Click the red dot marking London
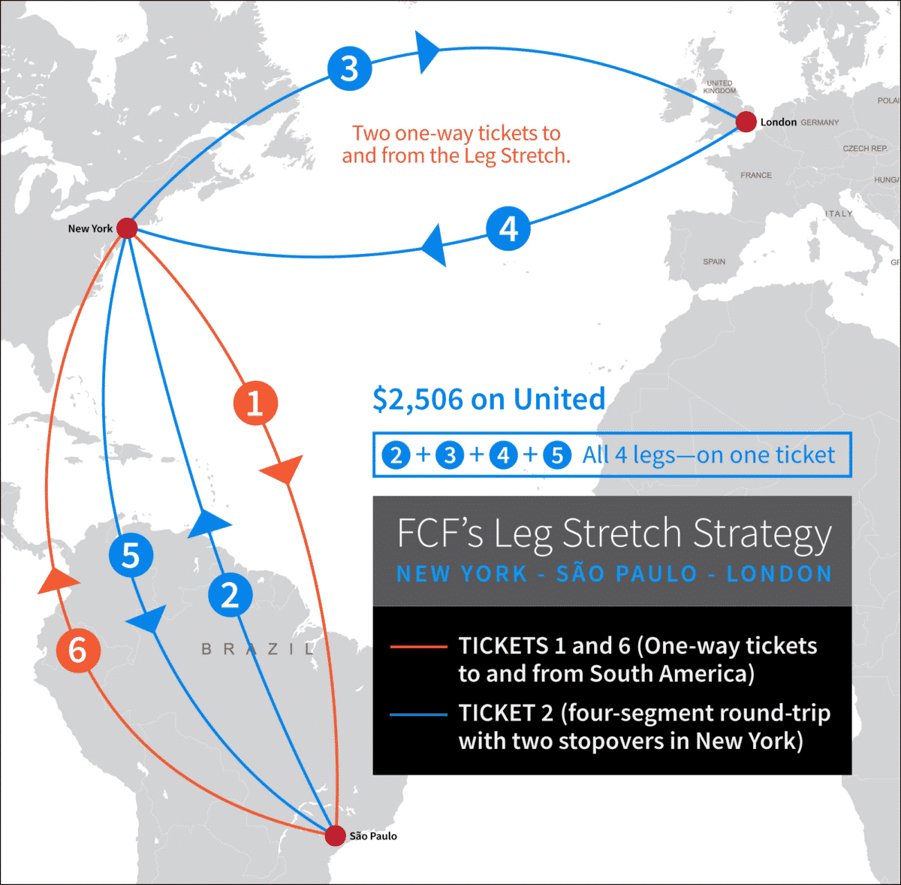[746, 122]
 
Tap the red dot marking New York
[127, 228]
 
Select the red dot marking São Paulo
[336, 835]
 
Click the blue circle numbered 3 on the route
[350, 68]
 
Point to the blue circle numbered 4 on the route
[508, 228]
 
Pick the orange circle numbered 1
[255, 403]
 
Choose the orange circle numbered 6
[78, 650]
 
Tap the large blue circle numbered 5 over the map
[131, 555]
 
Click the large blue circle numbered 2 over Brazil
[230, 594]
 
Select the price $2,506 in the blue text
[418, 400]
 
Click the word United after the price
[559, 400]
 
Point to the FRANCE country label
[756, 175]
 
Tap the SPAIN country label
[714, 261]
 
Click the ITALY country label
[839, 214]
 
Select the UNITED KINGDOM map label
[719, 87]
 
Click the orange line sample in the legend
[418, 647]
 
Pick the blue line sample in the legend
[418, 714]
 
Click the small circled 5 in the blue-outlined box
[557, 455]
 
